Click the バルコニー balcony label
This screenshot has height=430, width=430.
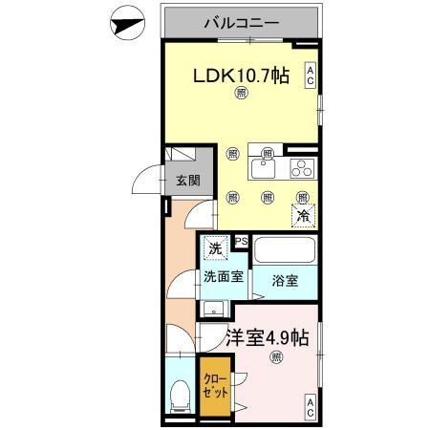click(240, 22)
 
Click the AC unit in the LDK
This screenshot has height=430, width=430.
click(310, 75)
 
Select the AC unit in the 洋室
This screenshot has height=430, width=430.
click(310, 409)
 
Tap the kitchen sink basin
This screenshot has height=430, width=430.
click(263, 170)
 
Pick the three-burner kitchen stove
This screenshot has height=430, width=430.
click(301, 169)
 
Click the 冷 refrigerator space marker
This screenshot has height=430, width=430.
click(302, 214)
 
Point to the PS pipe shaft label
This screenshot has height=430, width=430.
click(242, 242)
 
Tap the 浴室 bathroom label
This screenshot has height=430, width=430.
click(284, 282)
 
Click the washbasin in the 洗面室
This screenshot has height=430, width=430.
click(215, 308)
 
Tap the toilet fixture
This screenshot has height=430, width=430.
click(178, 396)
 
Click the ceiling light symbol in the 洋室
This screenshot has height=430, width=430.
click(276, 358)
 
